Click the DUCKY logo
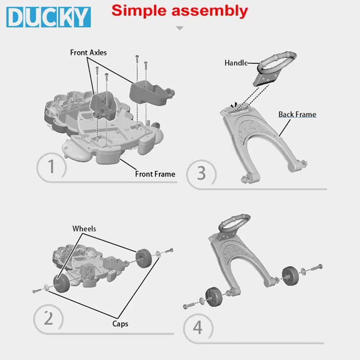click(x=49, y=17)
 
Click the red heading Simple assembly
click(x=180, y=11)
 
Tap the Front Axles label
click(x=88, y=53)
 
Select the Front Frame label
click(x=155, y=174)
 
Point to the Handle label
click(x=236, y=63)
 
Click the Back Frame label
click(x=297, y=114)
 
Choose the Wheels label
click(x=84, y=229)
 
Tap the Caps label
click(x=120, y=324)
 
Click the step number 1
click(x=51, y=166)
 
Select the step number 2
click(x=49, y=318)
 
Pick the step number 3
click(x=201, y=173)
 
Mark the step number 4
click(x=198, y=328)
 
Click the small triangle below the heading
click(x=180, y=28)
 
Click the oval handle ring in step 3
click(x=277, y=61)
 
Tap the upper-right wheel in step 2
click(x=144, y=258)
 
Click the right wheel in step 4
click(x=290, y=276)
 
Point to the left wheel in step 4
click(x=214, y=297)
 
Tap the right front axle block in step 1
click(x=152, y=93)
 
